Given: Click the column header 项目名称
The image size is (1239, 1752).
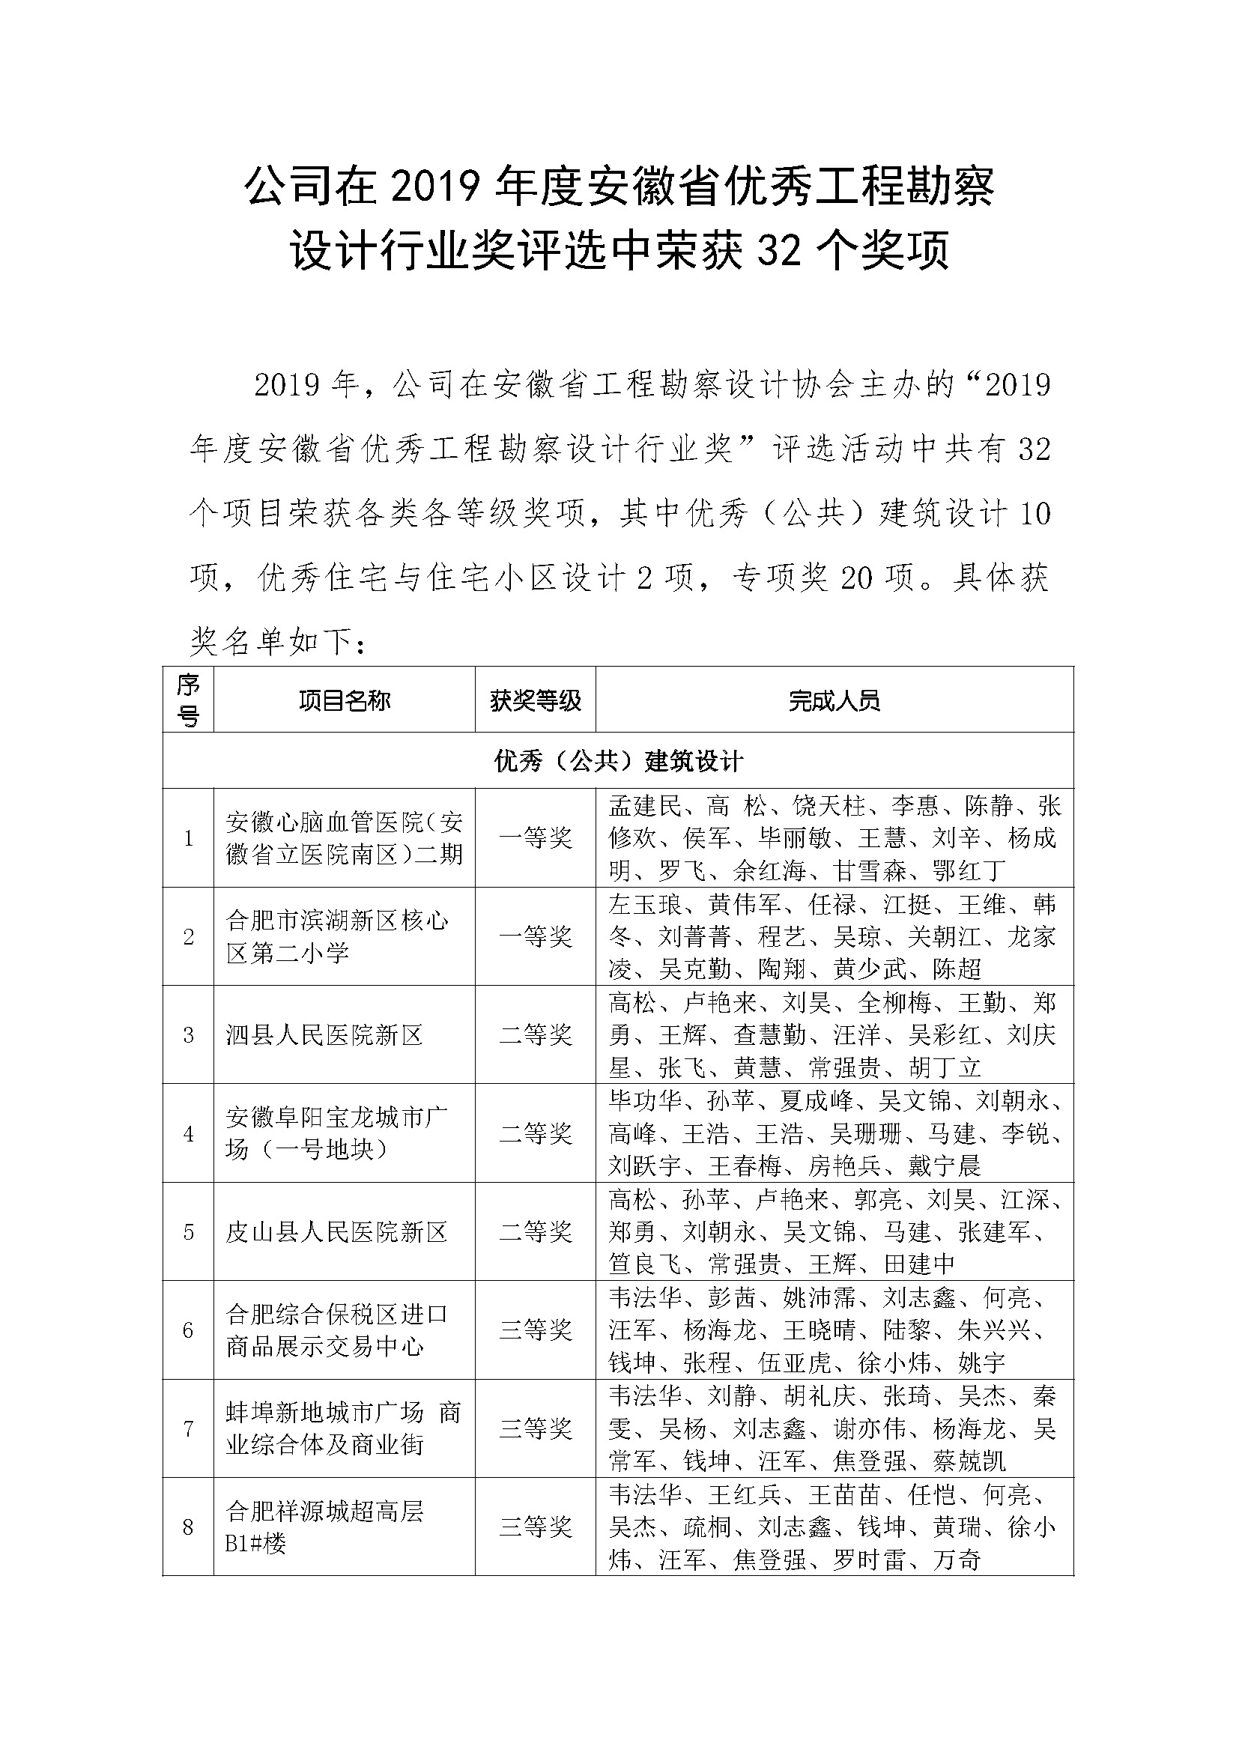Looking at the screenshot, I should [x=344, y=700].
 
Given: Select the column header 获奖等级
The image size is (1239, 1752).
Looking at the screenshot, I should [x=536, y=700].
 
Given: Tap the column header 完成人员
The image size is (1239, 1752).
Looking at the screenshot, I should [x=834, y=700].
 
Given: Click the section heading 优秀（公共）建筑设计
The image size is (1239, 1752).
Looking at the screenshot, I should [x=618, y=761].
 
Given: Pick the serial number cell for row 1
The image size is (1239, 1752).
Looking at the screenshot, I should [x=189, y=838].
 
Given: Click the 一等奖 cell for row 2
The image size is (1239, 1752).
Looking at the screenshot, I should [x=536, y=936].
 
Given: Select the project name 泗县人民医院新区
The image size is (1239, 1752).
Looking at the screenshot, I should [x=324, y=1034].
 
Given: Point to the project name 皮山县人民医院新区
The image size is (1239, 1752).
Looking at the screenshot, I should [x=336, y=1231].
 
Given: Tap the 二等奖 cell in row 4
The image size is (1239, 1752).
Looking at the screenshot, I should [x=536, y=1133].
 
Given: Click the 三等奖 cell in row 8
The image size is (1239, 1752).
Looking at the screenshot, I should [x=536, y=1527].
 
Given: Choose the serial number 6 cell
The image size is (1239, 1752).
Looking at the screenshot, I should [x=189, y=1330].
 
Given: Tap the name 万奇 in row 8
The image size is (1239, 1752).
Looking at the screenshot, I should [x=957, y=1559].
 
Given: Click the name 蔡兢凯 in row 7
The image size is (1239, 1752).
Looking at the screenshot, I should [x=969, y=1461].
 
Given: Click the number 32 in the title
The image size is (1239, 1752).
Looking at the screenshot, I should [x=779, y=252].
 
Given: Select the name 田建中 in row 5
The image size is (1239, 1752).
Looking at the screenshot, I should [x=920, y=1264].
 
